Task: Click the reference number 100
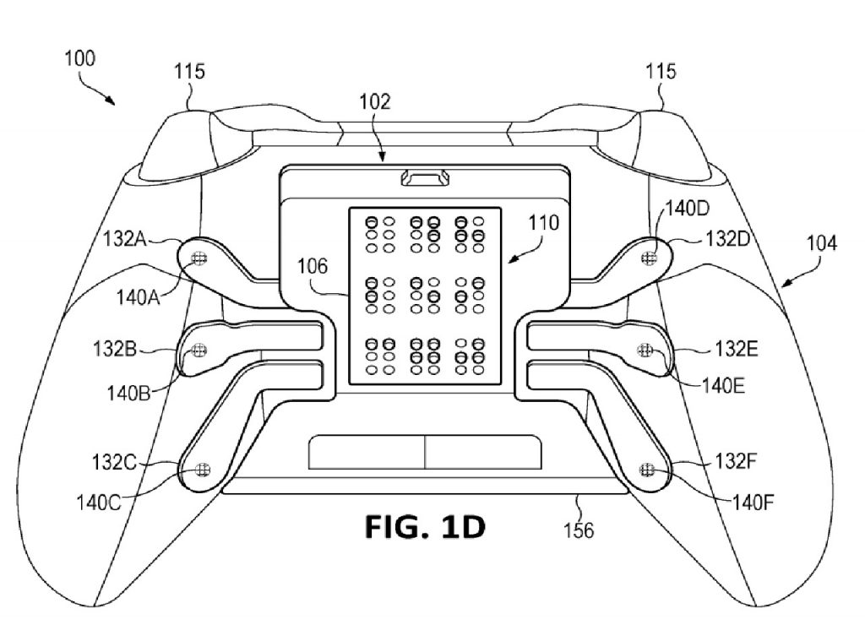[80, 58]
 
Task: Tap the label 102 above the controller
[375, 101]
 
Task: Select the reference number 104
[822, 242]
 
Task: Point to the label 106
[313, 266]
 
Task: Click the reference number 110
[544, 223]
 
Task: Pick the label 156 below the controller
[579, 530]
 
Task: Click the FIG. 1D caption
[426, 527]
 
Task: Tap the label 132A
[125, 239]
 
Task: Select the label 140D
[688, 209]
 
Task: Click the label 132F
[737, 460]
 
